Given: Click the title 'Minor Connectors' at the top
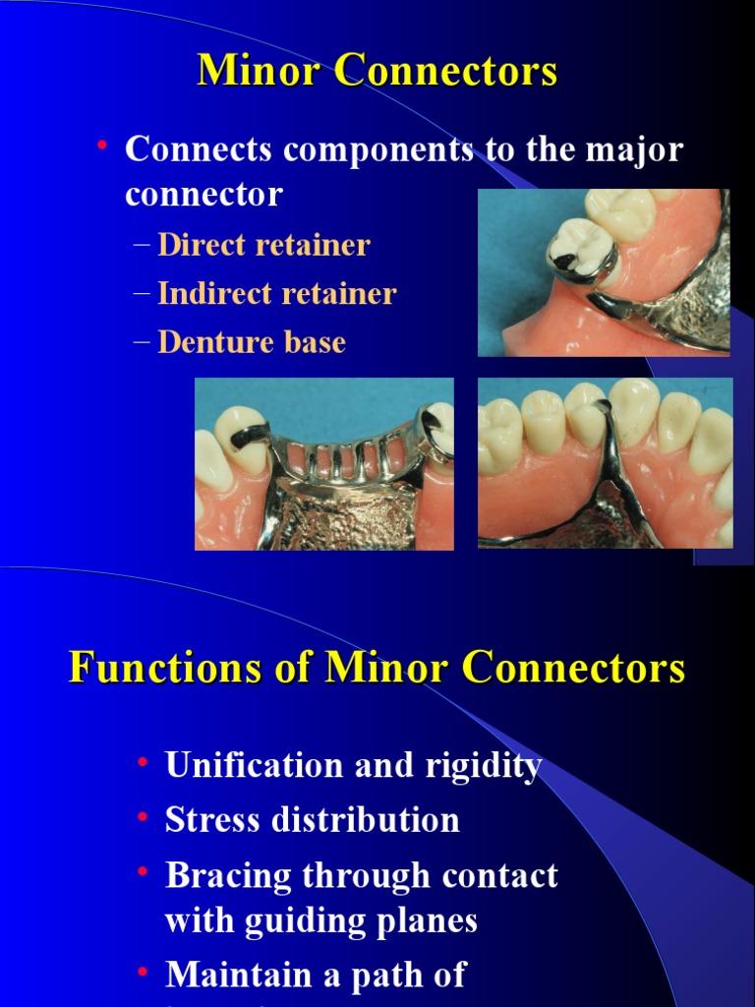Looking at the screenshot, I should point(377,71).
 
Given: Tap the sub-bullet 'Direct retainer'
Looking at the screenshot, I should point(263,245).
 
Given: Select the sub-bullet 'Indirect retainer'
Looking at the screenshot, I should point(277,293).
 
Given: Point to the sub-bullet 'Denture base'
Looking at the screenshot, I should point(252,341).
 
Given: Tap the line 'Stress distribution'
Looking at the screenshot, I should point(312,819).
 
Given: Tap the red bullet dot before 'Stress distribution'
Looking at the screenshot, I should point(144,817).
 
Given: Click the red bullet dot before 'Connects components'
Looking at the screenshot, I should point(101,148).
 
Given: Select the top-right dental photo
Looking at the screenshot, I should point(604,272).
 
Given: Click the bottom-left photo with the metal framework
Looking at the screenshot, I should point(323,463).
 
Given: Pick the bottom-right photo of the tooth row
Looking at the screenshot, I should point(605,462).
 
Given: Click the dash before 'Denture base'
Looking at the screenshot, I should point(142,341).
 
